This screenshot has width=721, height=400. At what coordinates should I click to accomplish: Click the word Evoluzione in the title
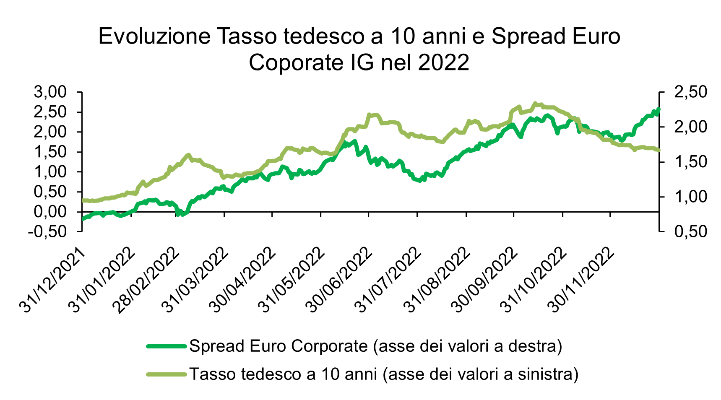point(154,36)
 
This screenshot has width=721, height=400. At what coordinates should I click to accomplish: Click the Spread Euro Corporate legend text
point(375,346)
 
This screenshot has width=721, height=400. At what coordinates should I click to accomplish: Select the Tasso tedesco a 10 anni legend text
point(384,374)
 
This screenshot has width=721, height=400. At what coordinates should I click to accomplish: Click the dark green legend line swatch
point(166,346)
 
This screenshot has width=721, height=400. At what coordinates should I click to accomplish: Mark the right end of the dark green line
point(659,109)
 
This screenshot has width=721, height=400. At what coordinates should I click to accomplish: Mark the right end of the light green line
point(659,150)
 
